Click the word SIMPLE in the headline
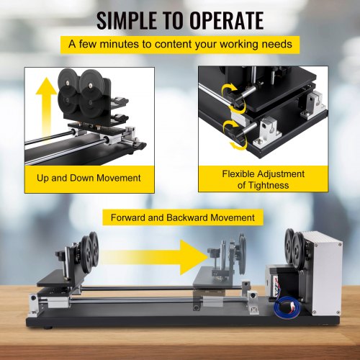(126, 21)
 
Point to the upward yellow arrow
(46, 108)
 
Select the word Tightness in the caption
(269, 185)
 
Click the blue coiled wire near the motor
(286, 305)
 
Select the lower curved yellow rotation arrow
(234, 135)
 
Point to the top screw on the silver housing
(339, 244)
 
